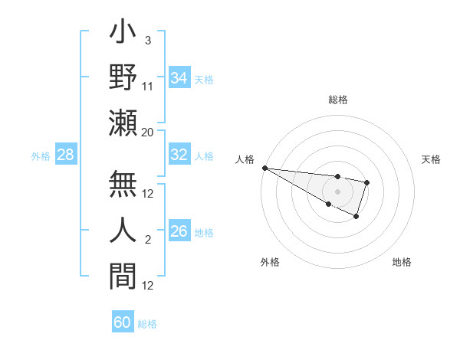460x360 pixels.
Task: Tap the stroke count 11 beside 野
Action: click(x=149, y=87)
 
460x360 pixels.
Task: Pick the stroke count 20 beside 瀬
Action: click(x=148, y=132)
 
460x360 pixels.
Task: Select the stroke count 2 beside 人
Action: click(x=148, y=240)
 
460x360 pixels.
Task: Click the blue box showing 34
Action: click(x=179, y=78)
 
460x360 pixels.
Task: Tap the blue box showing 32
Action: click(x=179, y=155)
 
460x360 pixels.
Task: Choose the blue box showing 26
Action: click(x=179, y=231)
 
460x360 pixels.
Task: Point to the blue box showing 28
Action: click(x=66, y=155)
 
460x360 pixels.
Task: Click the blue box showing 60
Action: click(x=123, y=322)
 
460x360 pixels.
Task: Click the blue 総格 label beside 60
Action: click(x=147, y=324)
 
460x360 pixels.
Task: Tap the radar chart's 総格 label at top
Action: click(x=338, y=100)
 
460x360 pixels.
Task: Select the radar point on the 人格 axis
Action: click(x=264, y=168)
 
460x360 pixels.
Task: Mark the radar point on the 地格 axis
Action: click(x=356, y=217)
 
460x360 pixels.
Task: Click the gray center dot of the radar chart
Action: click(x=337, y=191)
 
